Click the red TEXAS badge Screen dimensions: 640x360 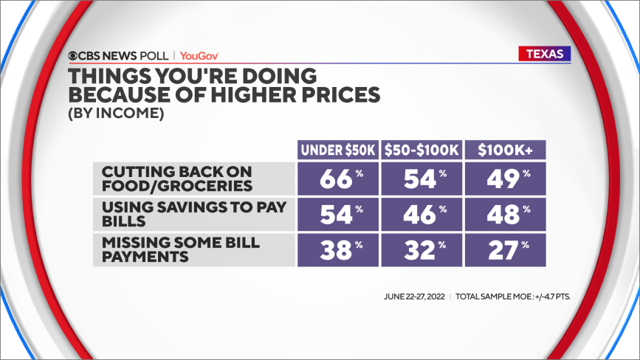(x=545, y=54)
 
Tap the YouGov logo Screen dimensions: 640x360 (x=199, y=56)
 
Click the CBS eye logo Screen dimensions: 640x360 (x=72, y=56)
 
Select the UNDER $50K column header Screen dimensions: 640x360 (x=338, y=150)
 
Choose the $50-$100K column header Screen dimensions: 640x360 (x=421, y=150)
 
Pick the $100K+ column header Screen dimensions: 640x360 (x=506, y=150)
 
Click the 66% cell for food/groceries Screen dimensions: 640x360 (x=338, y=179)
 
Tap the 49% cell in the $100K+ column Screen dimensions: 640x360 (x=506, y=179)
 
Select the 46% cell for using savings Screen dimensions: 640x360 (x=421, y=215)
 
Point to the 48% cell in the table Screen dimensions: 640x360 (x=506, y=215)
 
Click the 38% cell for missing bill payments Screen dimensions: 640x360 (x=338, y=250)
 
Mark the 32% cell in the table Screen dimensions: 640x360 (x=421, y=250)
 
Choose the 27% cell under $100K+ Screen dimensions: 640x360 (x=506, y=250)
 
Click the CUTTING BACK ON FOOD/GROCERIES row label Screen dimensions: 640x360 (x=177, y=179)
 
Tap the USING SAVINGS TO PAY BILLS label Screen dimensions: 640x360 (x=194, y=214)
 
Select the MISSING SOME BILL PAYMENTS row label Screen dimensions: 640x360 (x=180, y=249)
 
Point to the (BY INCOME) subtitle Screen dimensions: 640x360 (x=116, y=113)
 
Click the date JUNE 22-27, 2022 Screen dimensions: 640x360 (x=414, y=297)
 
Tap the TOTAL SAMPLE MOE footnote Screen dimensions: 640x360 (x=512, y=297)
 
